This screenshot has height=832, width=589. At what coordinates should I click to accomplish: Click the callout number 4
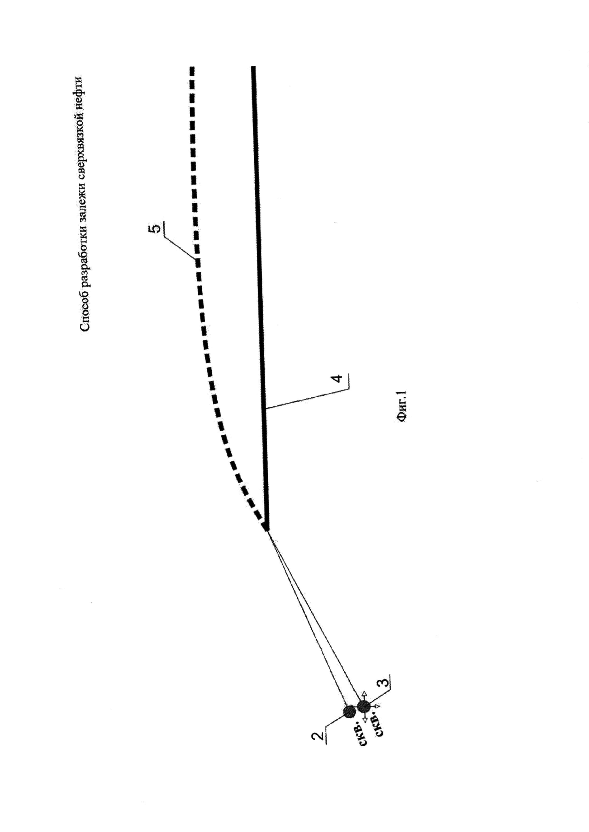tap(337, 379)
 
